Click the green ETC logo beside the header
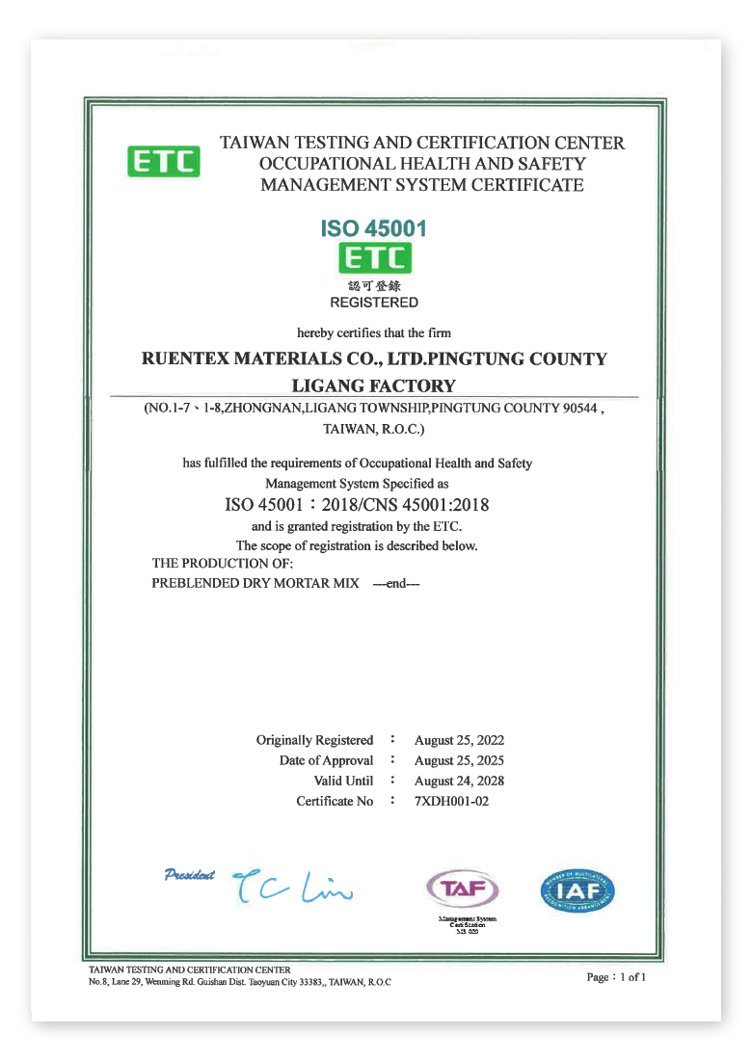(164, 161)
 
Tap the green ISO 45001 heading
(373, 228)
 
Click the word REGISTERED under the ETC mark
(374, 303)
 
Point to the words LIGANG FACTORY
(374, 386)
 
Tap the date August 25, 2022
(459, 740)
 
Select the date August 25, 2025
(459, 761)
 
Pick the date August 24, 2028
(459, 782)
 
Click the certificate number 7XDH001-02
(451, 802)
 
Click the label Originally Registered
(314, 740)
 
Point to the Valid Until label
(343, 782)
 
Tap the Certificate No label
(335, 802)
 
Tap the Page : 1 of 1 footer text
(616, 977)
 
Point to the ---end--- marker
(396, 584)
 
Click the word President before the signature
(190, 875)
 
